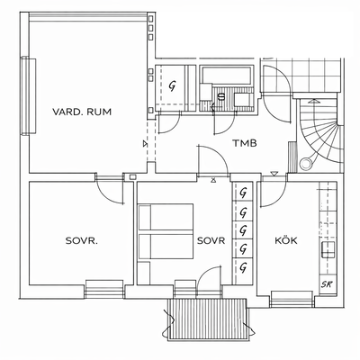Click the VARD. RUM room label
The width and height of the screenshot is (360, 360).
tap(82, 112)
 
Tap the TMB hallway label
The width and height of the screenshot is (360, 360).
tap(245, 143)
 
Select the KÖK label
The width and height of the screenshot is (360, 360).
tap(286, 240)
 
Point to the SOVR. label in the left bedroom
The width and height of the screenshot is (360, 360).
tap(82, 240)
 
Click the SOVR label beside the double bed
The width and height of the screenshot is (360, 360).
tap(211, 240)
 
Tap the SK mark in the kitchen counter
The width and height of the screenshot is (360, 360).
tap(327, 284)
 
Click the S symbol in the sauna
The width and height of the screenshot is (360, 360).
tap(221, 96)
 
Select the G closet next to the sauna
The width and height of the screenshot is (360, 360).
tap(172, 86)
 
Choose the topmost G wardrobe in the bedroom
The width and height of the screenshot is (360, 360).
tap(243, 193)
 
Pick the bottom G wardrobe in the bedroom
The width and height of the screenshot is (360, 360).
tap(243, 266)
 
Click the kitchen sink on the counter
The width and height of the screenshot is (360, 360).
tap(328, 250)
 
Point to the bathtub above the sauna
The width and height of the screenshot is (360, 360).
tap(227, 75)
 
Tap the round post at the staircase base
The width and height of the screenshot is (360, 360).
tap(306, 164)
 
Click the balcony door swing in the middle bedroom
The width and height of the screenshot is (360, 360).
tap(210, 273)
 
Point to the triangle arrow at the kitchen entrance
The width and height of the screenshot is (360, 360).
tap(274, 174)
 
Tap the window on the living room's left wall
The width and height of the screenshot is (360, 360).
tap(29, 96)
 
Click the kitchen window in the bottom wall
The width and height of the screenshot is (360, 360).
tap(292, 299)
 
